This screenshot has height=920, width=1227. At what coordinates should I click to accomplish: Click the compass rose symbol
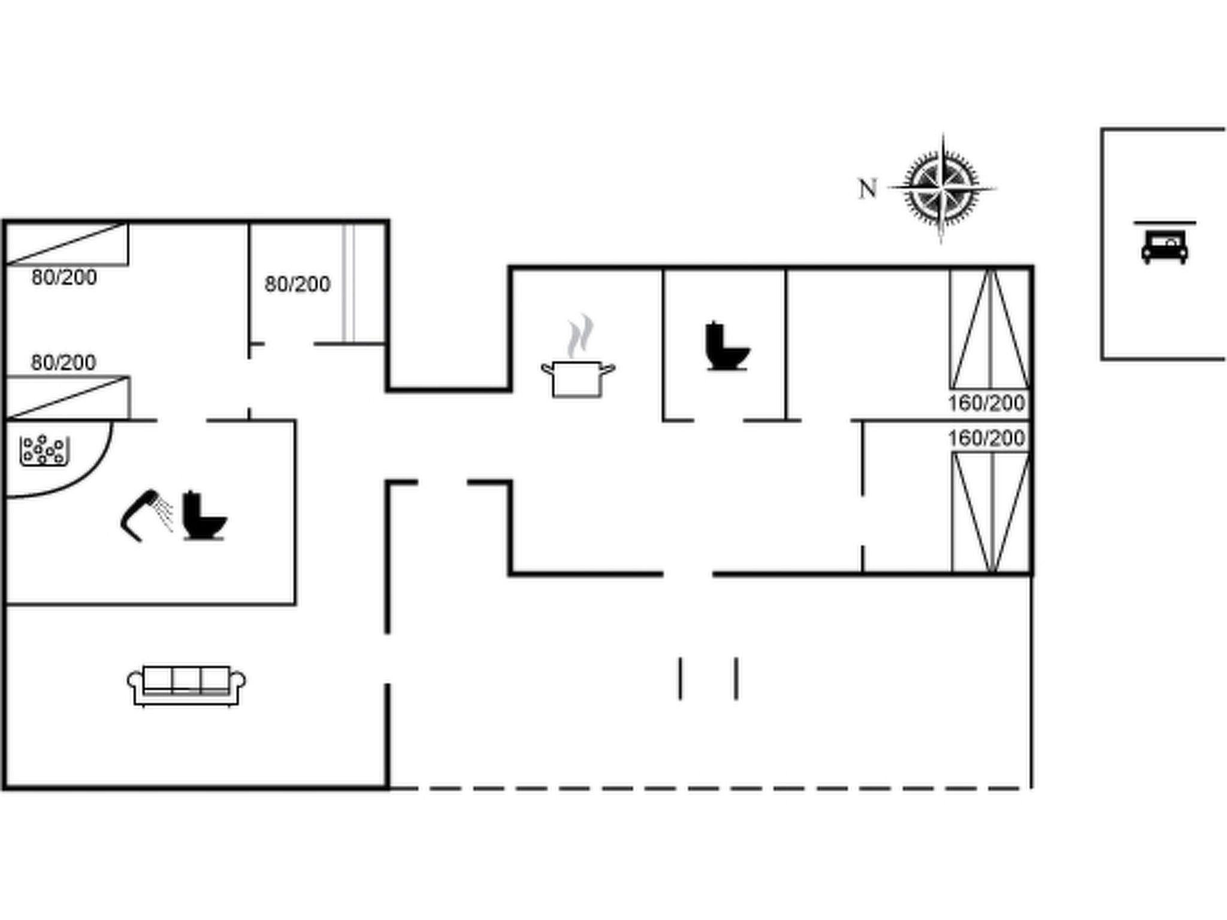[x=942, y=188]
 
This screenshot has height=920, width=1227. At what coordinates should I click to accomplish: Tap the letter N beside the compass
[x=868, y=189]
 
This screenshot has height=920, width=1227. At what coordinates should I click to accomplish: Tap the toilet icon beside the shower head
[x=204, y=516]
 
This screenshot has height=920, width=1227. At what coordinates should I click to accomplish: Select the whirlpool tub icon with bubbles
[x=44, y=450]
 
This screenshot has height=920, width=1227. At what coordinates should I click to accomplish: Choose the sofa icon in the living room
[x=186, y=685]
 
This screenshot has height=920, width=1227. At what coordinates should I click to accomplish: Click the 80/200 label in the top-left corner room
[x=64, y=277]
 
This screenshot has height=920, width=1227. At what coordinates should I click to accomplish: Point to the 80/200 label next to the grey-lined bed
[x=297, y=284]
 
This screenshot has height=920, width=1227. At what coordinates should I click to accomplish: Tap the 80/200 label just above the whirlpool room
[x=64, y=362]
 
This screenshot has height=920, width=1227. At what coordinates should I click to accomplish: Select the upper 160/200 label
[x=986, y=403]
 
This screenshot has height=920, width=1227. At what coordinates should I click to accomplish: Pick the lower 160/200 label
[x=986, y=438]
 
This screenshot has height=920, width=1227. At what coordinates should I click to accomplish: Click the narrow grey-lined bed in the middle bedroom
[x=349, y=283]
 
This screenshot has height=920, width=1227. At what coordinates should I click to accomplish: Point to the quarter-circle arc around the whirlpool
[x=90, y=477]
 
